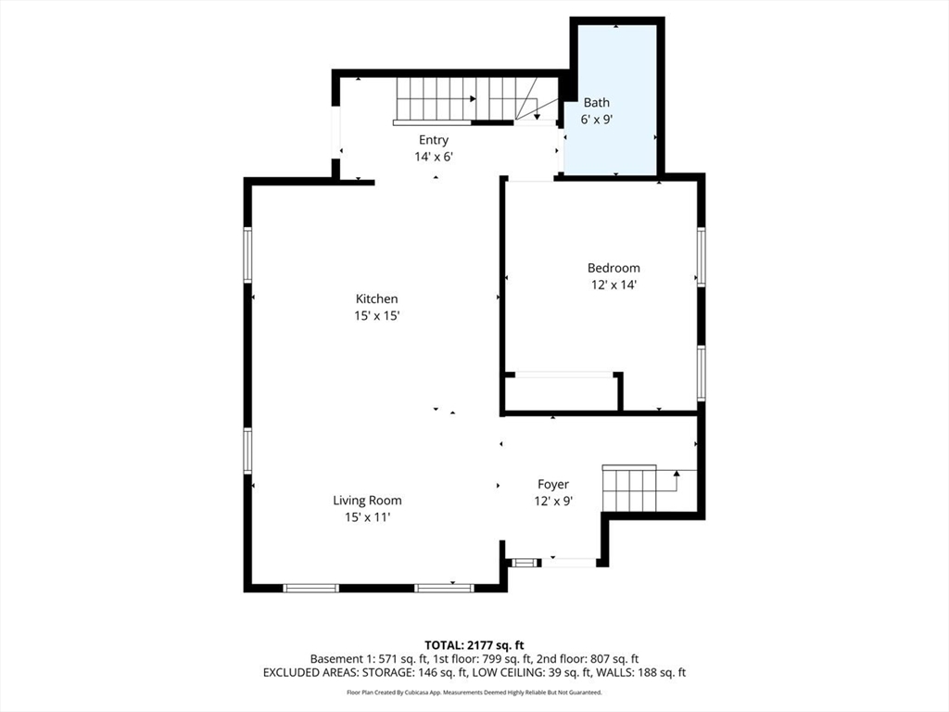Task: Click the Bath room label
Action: (596, 103)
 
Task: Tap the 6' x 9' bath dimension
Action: (596, 120)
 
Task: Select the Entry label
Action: (433, 140)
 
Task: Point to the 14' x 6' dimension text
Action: (433, 157)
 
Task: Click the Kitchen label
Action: (377, 299)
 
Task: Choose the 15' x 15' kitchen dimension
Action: (377, 315)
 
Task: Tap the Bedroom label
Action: (613, 268)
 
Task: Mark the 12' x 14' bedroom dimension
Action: (613, 285)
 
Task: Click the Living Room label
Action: (367, 501)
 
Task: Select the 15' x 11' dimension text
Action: (367, 517)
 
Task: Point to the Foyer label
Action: (553, 484)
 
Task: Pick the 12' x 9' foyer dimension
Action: (553, 501)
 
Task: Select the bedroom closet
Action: (562, 392)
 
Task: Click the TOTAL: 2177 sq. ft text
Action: (474, 644)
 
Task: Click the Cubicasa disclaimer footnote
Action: (474, 692)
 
